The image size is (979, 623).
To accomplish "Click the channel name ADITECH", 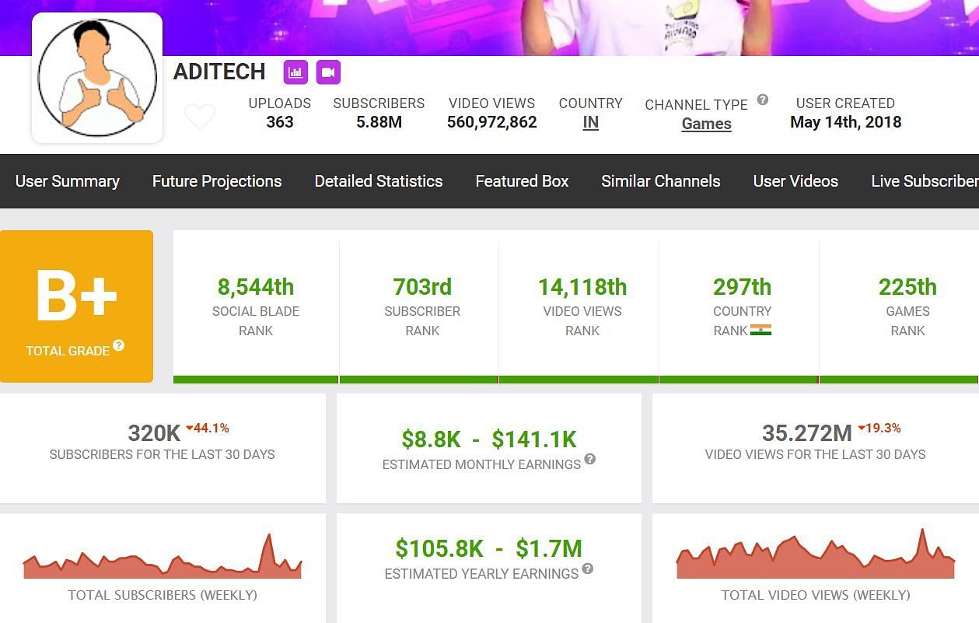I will pyautogui.click(x=219, y=72).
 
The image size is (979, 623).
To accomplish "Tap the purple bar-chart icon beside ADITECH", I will pyautogui.click(x=295, y=72).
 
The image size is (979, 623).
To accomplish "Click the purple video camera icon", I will pyautogui.click(x=328, y=72).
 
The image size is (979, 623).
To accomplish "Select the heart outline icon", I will pyautogui.click(x=200, y=117).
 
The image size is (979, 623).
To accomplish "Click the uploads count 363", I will pyautogui.click(x=279, y=122).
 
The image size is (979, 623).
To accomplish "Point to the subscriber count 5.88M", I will pyautogui.click(x=379, y=122).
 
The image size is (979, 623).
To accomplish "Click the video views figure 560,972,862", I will pyautogui.click(x=491, y=122).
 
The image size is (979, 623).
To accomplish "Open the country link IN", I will pyautogui.click(x=590, y=123).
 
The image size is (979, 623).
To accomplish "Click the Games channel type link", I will pyautogui.click(x=706, y=124).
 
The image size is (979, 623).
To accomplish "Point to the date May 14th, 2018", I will pyautogui.click(x=845, y=122).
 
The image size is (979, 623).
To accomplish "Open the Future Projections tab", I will pyautogui.click(x=217, y=181).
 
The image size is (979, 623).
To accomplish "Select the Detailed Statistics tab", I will pyautogui.click(x=379, y=181).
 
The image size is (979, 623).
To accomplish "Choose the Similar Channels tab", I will pyautogui.click(x=660, y=181).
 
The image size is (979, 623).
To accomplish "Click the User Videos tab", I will pyautogui.click(x=795, y=181).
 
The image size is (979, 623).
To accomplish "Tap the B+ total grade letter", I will pyautogui.click(x=76, y=296).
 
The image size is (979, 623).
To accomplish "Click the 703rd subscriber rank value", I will pyautogui.click(x=422, y=287).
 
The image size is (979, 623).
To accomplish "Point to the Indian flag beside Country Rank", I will pyautogui.click(x=760, y=330).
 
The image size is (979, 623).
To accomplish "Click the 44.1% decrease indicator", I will pyautogui.click(x=207, y=428).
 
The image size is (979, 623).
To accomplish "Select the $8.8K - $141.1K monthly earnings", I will pyautogui.click(x=489, y=439).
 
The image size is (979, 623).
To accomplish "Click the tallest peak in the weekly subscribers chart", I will pyautogui.click(x=269, y=537).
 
